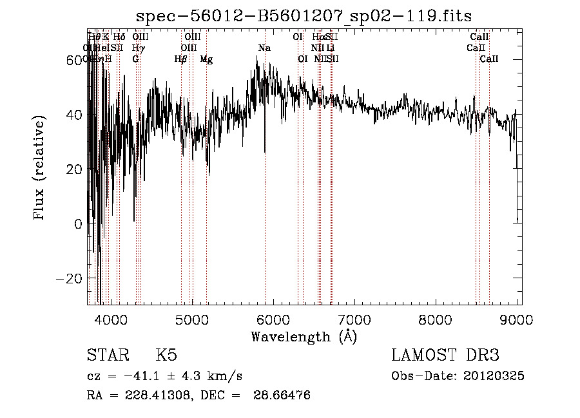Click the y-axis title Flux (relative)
(40, 169)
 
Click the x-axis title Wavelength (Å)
(304, 336)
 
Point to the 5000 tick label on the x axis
(192, 319)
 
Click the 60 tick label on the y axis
(75, 60)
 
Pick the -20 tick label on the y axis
(71, 279)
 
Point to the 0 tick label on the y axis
(79, 224)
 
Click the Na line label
(264, 48)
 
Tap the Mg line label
(206, 59)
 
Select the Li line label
(330, 48)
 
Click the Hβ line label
(180, 59)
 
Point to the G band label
(135, 59)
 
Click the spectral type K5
(166, 356)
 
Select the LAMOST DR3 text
(445, 356)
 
